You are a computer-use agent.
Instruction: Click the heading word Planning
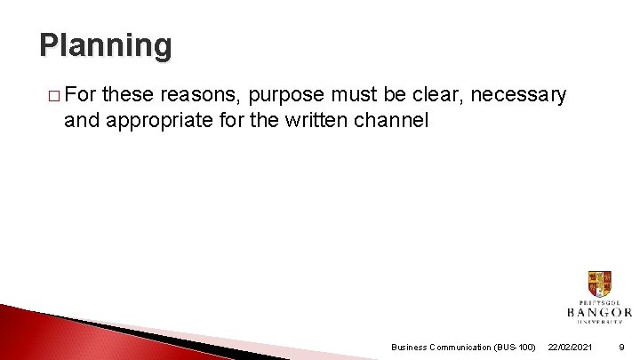pyautogui.click(x=105, y=44)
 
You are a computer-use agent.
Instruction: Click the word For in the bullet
pyautogui.click(x=83, y=95)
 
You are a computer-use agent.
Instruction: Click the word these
pyautogui.click(x=131, y=95)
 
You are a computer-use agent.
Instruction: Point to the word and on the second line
pyautogui.click(x=82, y=119)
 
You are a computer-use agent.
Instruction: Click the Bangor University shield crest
pyautogui.click(x=599, y=284)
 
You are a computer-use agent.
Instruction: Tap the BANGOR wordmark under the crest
pyautogui.click(x=599, y=312)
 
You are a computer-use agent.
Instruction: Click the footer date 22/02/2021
pyautogui.click(x=572, y=347)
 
